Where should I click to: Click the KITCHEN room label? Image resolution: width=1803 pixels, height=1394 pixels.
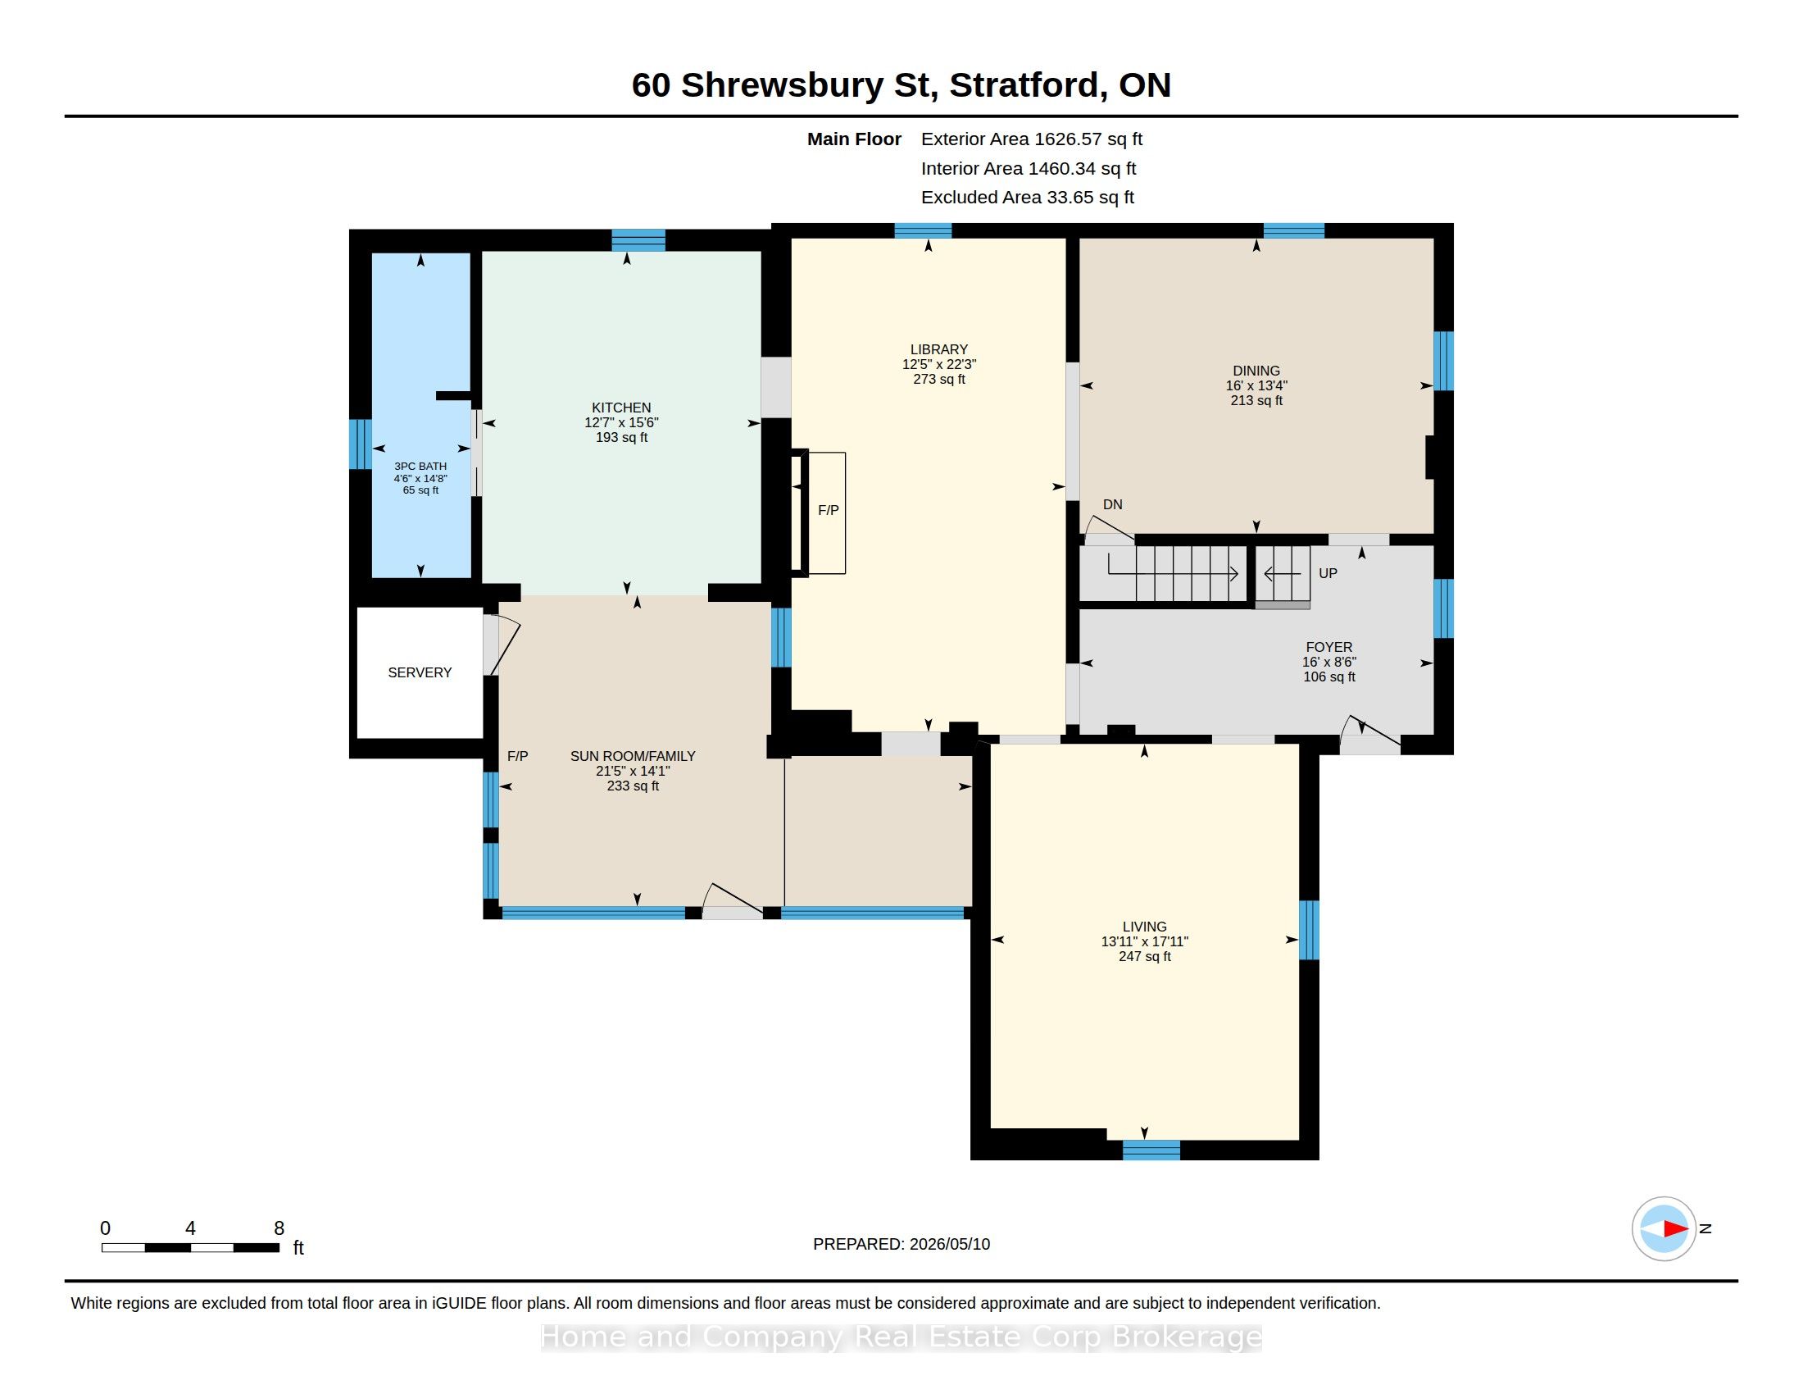point(621,408)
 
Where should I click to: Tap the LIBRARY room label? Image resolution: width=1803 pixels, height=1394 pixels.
point(938,349)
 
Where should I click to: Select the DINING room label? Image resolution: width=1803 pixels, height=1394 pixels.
point(1256,371)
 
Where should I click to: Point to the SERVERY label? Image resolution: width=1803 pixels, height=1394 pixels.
point(420,672)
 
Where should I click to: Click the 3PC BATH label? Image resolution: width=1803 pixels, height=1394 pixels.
point(420,466)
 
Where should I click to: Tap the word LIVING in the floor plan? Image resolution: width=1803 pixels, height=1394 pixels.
point(1144,927)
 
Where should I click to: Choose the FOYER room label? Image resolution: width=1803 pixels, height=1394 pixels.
point(1329,648)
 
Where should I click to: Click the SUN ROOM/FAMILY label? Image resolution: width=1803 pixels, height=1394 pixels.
point(633,756)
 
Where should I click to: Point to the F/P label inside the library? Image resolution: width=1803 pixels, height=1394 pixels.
point(828,510)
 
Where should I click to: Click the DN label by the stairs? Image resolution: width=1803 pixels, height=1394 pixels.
point(1112,504)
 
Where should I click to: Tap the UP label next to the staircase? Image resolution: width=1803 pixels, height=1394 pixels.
point(1328,573)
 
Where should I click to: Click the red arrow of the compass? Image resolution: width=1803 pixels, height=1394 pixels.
point(1675,1229)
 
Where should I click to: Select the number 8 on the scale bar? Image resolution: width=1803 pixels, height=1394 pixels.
point(279,1228)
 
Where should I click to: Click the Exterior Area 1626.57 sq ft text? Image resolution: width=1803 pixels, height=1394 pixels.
point(1031,139)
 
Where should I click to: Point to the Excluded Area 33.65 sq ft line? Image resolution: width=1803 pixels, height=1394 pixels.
point(1027,198)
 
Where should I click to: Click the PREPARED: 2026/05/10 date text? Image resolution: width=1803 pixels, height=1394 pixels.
point(901,1244)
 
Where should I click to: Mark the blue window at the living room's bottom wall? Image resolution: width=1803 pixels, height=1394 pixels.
point(1151,1150)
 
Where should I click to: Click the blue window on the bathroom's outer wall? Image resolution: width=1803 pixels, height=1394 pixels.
point(360,444)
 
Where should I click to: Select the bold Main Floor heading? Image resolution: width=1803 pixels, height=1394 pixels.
point(854,139)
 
